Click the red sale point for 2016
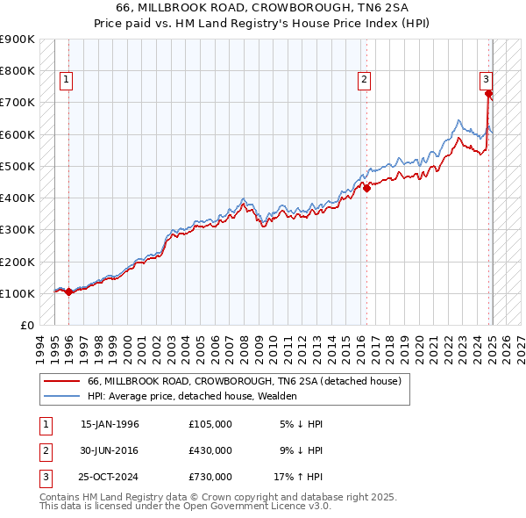(x=367, y=187)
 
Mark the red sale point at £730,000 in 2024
(x=489, y=92)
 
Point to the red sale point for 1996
(x=68, y=292)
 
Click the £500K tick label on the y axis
(x=18, y=166)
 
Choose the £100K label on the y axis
(x=18, y=293)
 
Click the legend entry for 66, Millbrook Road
(x=244, y=381)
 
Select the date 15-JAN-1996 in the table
(x=110, y=424)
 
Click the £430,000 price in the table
(x=210, y=450)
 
